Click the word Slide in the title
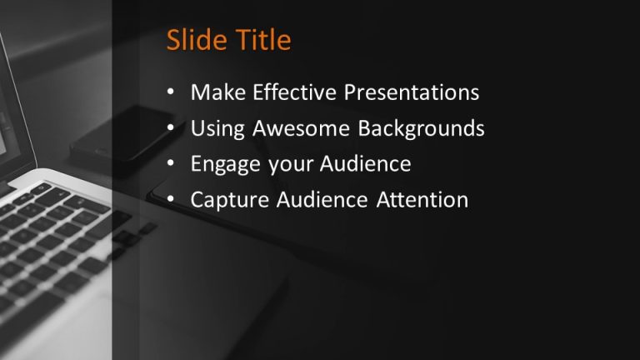[195, 40]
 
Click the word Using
[215, 129]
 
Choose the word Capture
[225, 201]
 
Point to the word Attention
[421, 200]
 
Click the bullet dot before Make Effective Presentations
[171, 93]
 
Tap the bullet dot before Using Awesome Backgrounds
[171, 129]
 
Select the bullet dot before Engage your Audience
[171, 165]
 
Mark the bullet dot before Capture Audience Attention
[171, 201]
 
